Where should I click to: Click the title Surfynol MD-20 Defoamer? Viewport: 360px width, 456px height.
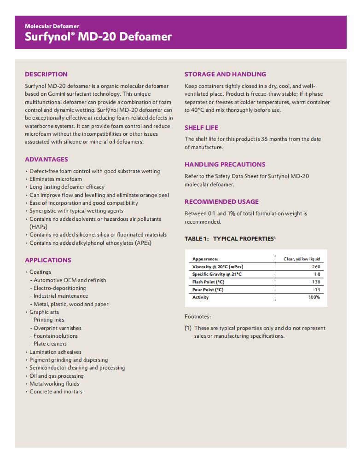point(98,37)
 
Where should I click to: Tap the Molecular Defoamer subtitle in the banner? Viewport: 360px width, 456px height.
point(52,26)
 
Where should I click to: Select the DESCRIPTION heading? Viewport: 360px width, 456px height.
point(46,74)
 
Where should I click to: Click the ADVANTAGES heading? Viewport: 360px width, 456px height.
point(46,159)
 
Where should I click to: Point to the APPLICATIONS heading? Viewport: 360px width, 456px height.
point(48,260)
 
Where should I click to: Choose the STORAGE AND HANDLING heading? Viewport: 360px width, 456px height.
point(225,74)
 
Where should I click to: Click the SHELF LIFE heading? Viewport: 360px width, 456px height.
point(201,127)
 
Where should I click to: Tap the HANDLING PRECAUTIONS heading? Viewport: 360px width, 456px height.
point(225,164)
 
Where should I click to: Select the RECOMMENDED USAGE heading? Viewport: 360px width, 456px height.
point(221,202)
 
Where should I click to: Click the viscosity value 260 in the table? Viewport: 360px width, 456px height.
point(316,266)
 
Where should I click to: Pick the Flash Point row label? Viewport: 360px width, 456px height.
point(208,282)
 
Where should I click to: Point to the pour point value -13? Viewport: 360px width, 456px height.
point(316,289)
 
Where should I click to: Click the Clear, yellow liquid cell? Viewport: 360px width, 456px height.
point(302,259)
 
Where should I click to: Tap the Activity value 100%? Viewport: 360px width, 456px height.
point(314,297)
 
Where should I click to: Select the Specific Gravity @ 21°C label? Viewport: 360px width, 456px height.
point(217,274)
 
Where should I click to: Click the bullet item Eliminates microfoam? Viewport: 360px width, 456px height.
point(56,179)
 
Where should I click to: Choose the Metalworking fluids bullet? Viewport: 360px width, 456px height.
point(54,384)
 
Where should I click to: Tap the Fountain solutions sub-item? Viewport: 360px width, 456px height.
point(56,336)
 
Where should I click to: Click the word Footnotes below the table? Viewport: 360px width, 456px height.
point(197,317)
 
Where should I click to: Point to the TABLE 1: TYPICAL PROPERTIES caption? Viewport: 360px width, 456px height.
point(230,239)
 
